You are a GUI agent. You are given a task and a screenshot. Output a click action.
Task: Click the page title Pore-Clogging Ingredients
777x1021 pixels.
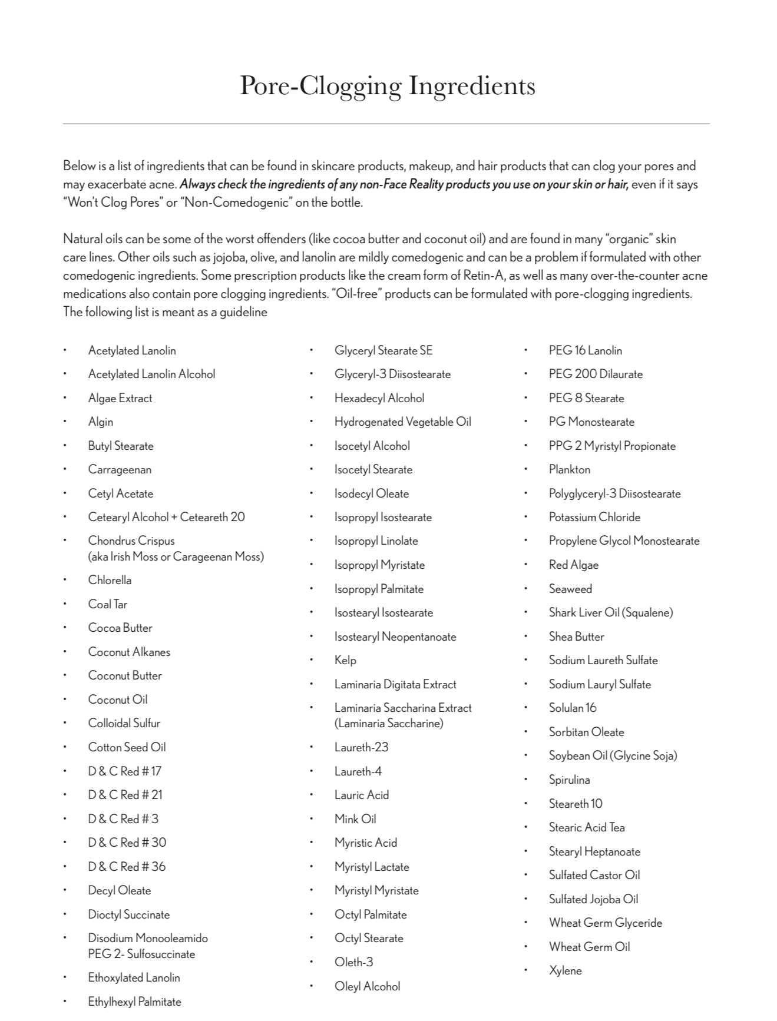click(387, 86)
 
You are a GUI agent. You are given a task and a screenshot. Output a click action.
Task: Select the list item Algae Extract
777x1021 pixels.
click(120, 399)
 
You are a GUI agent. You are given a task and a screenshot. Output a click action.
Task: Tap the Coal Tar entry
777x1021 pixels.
click(108, 605)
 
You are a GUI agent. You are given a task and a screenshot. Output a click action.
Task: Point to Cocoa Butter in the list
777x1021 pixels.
click(120, 628)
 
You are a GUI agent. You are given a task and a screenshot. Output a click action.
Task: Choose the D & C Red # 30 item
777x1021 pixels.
click(127, 843)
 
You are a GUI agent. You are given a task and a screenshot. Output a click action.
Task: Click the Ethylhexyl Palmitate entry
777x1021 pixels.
click(134, 1002)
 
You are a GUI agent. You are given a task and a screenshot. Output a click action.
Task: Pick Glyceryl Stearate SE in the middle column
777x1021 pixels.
click(383, 351)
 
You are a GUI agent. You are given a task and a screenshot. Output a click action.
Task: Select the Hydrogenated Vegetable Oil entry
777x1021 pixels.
click(403, 422)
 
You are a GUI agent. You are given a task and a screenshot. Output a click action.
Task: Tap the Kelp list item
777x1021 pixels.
click(345, 661)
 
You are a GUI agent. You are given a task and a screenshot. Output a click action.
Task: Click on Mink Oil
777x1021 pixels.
click(355, 819)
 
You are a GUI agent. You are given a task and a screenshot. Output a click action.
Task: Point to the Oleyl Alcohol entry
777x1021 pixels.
click(368, 986)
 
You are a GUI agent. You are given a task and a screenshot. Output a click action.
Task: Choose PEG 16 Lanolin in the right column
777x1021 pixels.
click(586, 351)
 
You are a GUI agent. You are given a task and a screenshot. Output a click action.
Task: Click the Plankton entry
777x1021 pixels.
click(570, 470)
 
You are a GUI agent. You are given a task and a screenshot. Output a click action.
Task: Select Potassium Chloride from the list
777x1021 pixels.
click(594, 518)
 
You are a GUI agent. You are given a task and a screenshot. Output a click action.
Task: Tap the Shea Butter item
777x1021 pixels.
click(577, 637)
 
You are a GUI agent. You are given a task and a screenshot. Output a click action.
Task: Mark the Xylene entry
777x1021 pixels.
click(566, 971)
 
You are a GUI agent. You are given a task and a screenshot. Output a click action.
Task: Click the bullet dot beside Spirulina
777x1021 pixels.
click(526, 780)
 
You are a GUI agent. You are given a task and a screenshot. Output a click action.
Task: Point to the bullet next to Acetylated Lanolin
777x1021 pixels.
click(65, 351)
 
